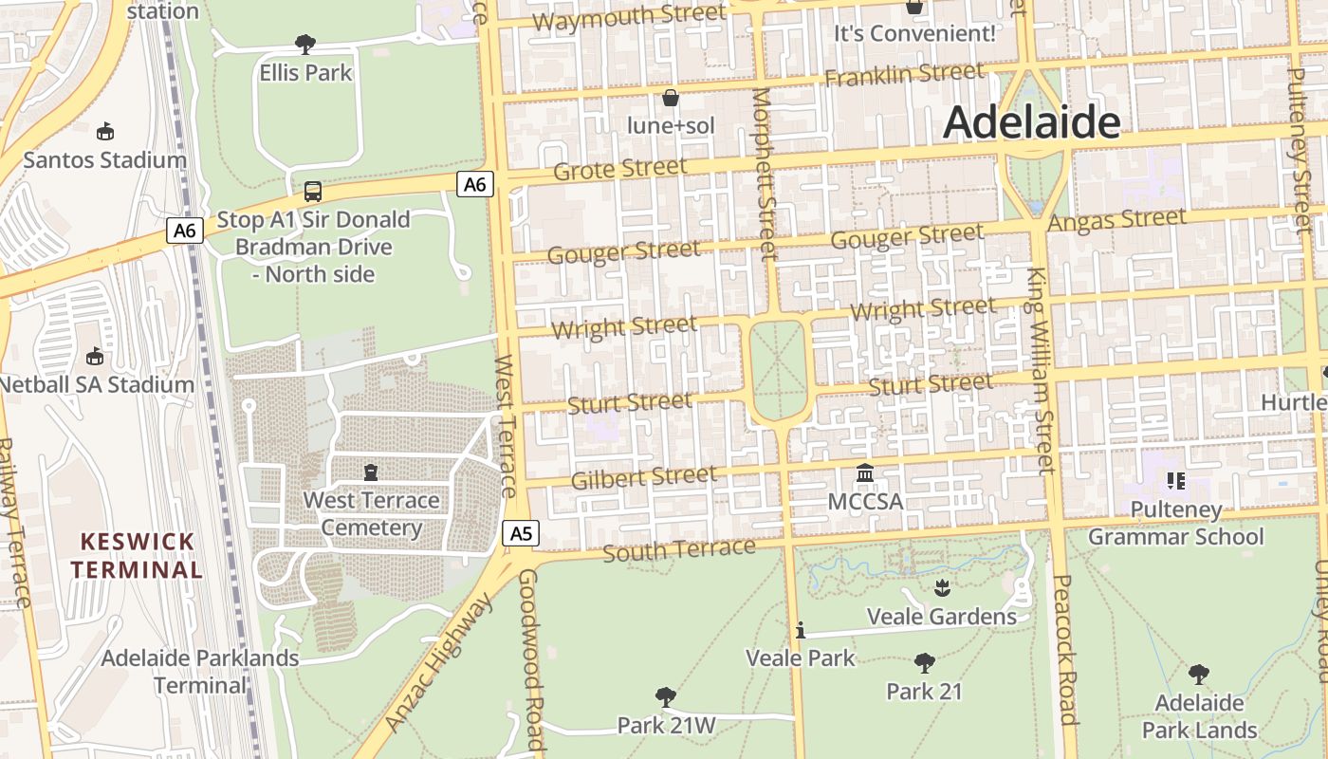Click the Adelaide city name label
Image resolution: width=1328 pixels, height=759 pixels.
1032,121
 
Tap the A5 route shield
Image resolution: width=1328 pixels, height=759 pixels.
521,533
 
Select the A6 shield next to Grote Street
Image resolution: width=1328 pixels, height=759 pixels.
475,184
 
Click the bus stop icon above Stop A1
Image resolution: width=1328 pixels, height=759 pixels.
313,192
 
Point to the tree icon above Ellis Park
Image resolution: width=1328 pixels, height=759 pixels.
304,44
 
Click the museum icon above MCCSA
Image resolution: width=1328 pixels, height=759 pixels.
865,472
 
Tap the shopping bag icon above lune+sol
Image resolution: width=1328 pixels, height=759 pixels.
671,98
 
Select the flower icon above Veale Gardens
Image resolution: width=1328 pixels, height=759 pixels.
942,587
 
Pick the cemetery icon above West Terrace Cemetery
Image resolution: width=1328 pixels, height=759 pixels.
371,472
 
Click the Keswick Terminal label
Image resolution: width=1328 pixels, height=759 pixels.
138,555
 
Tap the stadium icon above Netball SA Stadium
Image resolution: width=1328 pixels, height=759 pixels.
94,357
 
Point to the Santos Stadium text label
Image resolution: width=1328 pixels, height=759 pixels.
104,159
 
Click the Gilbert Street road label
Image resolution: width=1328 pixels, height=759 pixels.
644,476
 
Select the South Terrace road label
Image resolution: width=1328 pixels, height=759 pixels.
679,549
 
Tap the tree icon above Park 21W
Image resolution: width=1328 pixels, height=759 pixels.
666,697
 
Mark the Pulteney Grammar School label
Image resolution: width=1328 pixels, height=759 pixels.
1176,523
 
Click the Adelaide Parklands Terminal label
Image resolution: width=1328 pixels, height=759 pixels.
200,671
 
